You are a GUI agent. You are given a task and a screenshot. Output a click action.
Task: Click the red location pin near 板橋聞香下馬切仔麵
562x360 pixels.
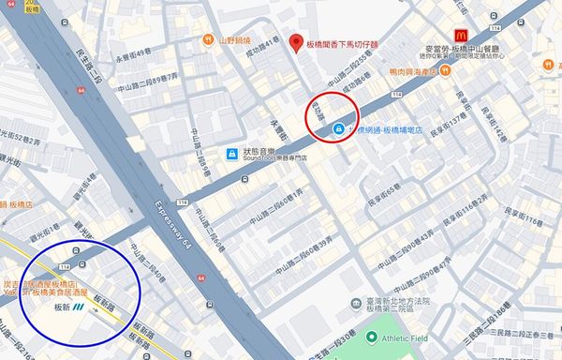296,43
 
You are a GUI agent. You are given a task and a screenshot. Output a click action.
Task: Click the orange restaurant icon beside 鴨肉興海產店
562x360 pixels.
447,70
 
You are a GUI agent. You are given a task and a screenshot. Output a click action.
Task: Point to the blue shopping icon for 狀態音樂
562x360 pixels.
231,153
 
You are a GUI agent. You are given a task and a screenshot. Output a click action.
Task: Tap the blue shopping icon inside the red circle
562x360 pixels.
337,130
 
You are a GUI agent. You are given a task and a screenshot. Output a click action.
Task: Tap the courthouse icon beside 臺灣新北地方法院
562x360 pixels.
354,304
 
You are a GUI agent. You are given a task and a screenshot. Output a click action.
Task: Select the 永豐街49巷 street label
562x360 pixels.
132,52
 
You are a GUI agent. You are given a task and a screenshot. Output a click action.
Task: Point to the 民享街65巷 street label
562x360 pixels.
382,191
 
